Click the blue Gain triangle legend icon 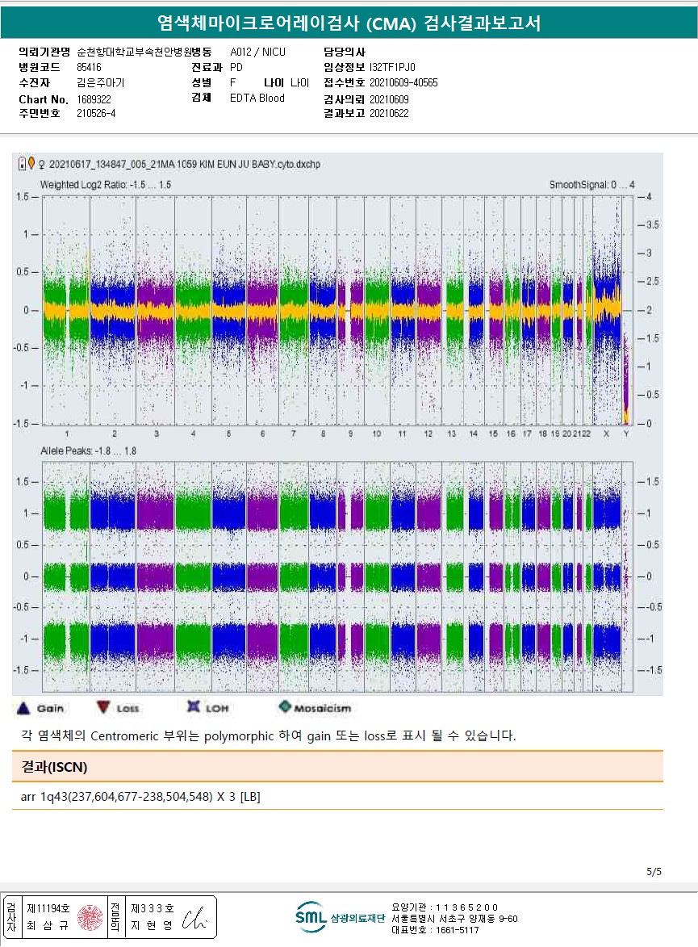tap(23, 707)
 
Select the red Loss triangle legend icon tap(102, 707)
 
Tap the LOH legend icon tap(193, 707)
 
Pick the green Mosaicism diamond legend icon tap(284, 707)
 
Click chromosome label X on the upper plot tap(606, 434)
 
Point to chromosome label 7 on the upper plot tap(294, 434)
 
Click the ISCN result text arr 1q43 tap(140, 797)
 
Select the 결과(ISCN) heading tap(54, 766)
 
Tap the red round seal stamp tap(90, 917)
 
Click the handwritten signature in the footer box tap(194, 918)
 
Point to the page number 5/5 tap(654, 871)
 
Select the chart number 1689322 tap(94, 98)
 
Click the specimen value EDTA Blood tap(257, 98)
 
